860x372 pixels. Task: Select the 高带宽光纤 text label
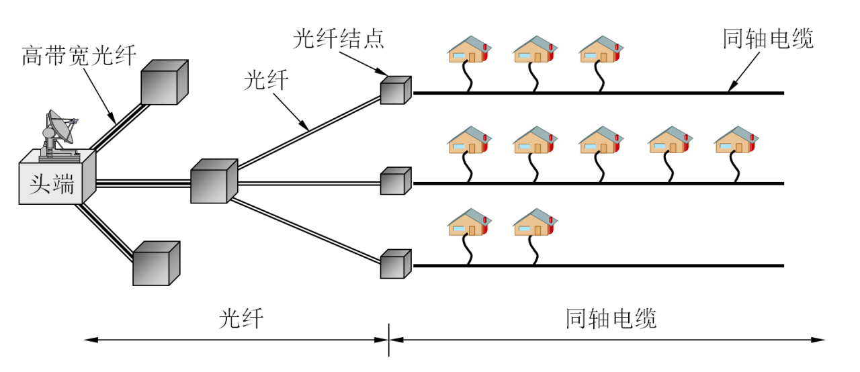[x=79, y=55]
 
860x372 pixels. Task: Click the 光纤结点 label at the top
[x=339, y=39]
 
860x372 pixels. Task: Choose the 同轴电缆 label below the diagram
[x=611, y=318]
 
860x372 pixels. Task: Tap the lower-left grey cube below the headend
[x=155, y=264]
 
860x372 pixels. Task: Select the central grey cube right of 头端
[x=213, y=181]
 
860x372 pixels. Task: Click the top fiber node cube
[x=395, y=91]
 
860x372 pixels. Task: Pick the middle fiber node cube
[x=395, y=181]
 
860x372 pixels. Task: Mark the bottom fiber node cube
[x=395, y=264]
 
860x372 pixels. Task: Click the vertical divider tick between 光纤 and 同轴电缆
[x=389, y=340]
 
